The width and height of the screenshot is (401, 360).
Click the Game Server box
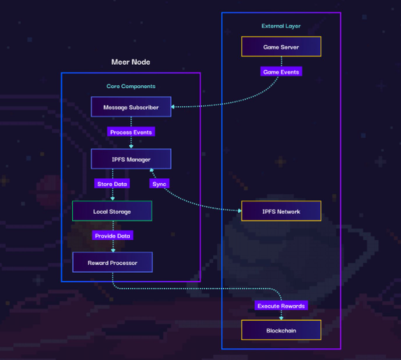281,47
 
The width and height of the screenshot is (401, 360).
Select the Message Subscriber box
131,107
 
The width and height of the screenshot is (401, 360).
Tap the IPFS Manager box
131,159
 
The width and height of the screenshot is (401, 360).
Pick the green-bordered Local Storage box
112,211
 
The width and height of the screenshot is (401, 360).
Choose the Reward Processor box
112,262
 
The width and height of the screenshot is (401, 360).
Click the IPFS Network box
281,211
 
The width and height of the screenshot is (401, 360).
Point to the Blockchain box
281,330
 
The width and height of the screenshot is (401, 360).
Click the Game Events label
281,72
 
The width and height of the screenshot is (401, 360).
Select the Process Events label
131,132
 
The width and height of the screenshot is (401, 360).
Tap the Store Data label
112,184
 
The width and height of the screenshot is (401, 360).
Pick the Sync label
159,184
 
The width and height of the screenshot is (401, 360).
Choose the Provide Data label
113,235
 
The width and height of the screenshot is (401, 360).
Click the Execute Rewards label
281,306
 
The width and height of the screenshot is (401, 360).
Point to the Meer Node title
131,62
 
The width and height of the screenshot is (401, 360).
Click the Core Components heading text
131,86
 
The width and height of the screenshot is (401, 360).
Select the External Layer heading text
281,26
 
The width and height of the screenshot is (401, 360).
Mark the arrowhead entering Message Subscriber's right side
173,107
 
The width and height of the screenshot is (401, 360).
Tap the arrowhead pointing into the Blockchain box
281,318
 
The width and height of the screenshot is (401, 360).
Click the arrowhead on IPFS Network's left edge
239,211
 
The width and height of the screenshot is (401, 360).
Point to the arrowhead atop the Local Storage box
112,199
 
